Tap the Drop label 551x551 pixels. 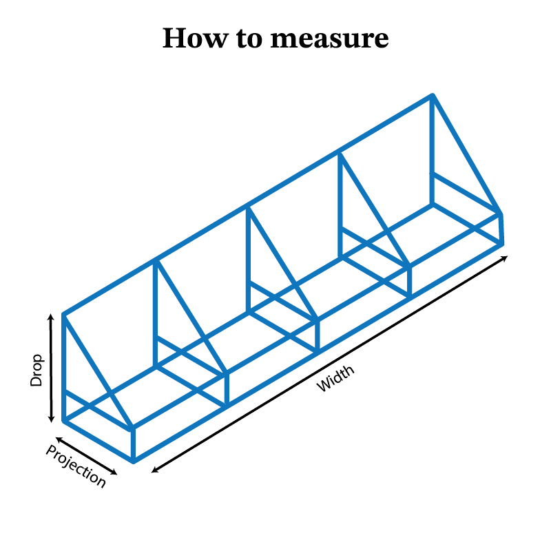(37, 370)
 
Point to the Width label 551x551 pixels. (335, 379)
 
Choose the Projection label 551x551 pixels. (76, 466)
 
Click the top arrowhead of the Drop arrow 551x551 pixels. (51, 315)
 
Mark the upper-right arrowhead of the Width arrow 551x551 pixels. (506, 258)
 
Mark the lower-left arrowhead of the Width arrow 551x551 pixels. (154, 470)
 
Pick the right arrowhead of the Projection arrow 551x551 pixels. (115, 473)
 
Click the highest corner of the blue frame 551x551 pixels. (433, 95)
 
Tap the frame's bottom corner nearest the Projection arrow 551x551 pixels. (133, 460)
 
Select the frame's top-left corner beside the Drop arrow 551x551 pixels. (64, 314)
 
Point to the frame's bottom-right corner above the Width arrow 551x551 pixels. (501, 242)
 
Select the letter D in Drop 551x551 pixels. (37, 381)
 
